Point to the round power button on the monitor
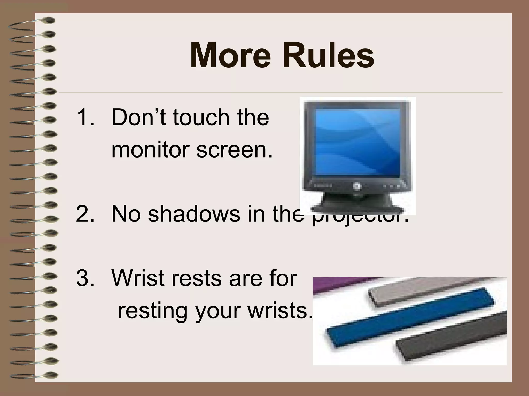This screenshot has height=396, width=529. [355, 186]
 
